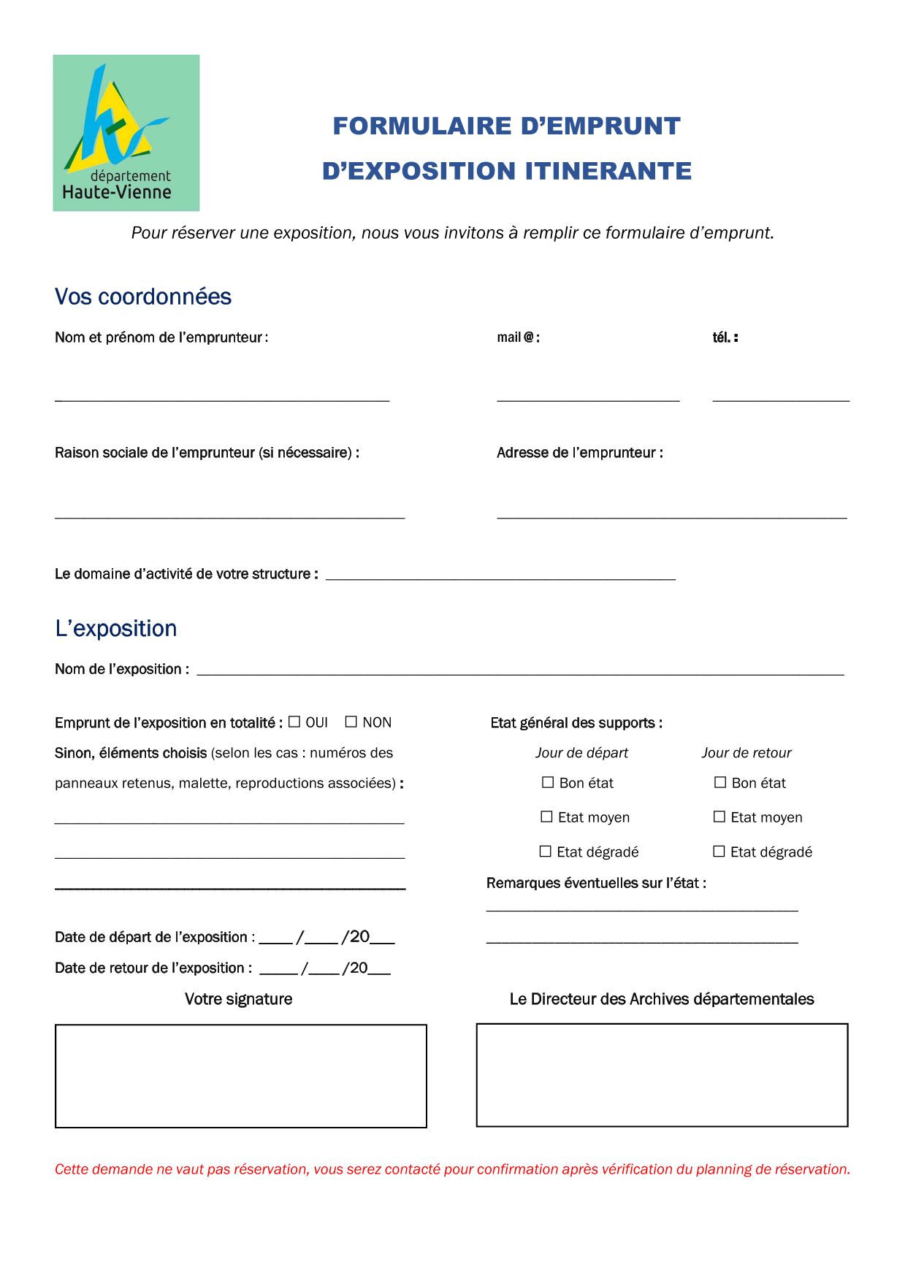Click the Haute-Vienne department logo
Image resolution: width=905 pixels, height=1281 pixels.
[126, 133]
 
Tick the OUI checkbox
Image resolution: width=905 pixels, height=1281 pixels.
[294, 722]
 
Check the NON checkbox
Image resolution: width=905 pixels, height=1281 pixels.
[351, 722]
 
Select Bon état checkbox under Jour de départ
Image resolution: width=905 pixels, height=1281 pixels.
[548, 782]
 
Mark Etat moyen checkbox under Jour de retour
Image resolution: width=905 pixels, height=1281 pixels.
[719, 817]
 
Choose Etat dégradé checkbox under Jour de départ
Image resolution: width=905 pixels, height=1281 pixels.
[546, 851]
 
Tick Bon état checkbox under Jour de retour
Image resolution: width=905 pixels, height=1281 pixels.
[720, 782]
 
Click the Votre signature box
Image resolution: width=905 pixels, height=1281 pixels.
[241, 1076]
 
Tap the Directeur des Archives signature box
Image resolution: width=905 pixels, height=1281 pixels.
[662, 1075]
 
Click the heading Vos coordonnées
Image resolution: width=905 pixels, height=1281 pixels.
[143, 297]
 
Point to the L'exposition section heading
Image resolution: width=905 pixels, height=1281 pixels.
[116, 628]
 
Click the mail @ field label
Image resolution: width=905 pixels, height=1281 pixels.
[518, 337]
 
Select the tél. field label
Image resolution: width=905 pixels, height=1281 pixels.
[725, 337]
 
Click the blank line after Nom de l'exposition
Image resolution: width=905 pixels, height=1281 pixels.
[520, 670]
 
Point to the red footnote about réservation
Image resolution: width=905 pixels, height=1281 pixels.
[452, 1169]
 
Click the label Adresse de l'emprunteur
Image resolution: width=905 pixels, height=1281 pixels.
[580, 453]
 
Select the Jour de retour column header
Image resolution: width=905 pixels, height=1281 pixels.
[746, 753]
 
